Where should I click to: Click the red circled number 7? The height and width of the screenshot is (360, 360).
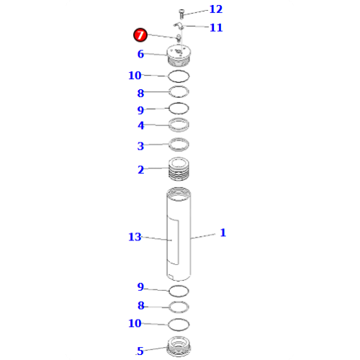(140, 35)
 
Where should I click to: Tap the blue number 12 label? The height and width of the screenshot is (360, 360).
(216, 9)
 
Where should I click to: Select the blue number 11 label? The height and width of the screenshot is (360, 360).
(216, 27)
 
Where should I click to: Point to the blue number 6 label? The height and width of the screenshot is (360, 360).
(140, 54)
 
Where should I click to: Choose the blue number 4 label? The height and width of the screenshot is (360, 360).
(141, 125)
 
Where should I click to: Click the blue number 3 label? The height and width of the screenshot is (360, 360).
(140, 146)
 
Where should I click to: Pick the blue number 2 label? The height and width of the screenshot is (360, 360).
(141, 170)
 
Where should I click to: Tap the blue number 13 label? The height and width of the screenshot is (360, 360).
(135, 237)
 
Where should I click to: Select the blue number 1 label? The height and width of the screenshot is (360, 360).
(223, 233)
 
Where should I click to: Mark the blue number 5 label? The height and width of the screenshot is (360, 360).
(140, 351)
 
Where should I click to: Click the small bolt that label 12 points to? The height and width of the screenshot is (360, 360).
(181, 14)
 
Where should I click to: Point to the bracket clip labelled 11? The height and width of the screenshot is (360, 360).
(179, 25)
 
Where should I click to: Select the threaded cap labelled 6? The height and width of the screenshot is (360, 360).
(179, 55)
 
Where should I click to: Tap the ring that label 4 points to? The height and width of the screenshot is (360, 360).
(179, 125)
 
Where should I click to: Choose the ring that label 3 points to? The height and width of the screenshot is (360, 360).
(179, 145)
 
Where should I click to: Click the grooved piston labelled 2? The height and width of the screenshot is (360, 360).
(179, 168)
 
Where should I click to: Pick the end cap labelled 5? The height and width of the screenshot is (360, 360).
(179, 346)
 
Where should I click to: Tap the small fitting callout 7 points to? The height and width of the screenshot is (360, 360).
(179, 38)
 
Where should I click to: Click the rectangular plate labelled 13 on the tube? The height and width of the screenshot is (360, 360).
(173, 240)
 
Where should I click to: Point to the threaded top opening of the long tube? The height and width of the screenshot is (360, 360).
(179, 194)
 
